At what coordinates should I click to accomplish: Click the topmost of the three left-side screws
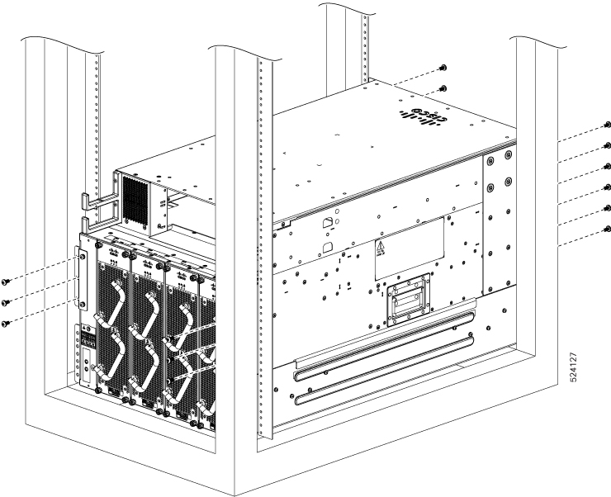[x=8, y=282]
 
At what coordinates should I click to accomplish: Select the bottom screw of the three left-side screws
[x=8, y=324]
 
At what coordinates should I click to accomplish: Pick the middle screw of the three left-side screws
[x=8, y=303]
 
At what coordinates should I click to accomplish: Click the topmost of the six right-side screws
[x=607, y=125]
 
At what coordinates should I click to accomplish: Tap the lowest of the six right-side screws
[x=607, y=229]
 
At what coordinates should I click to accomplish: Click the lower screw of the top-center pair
[x=444, y=88]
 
